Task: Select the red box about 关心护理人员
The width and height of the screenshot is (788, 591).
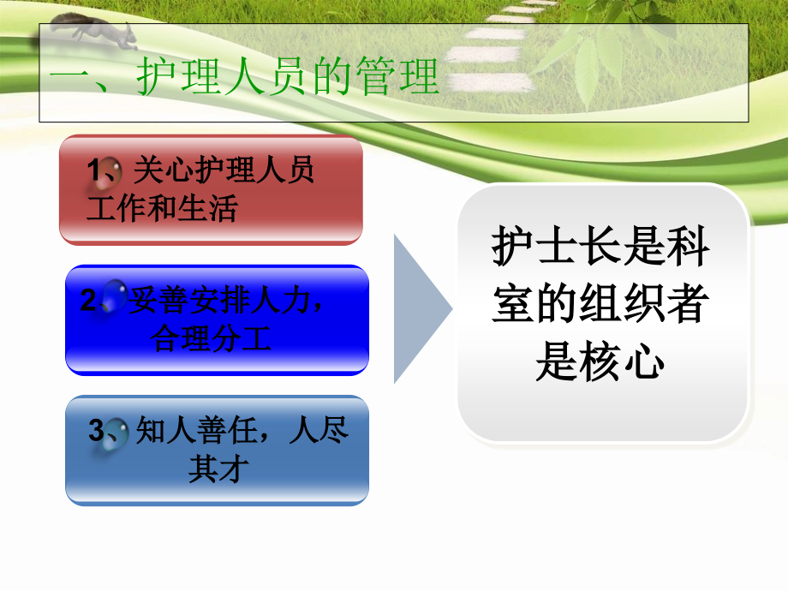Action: pos(211,190)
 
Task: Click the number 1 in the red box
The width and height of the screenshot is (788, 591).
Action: pos(96,171)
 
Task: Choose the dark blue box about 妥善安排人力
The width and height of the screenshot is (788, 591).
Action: pos(217,319)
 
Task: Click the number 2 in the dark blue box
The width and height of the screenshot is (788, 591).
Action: pos(88,301)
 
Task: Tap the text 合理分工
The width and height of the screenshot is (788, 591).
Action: pos(211,338)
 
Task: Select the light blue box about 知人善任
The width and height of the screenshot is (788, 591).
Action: pos(217,450)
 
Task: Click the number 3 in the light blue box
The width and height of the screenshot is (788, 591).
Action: pos(96,430)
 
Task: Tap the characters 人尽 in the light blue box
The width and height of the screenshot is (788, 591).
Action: pos(319,431)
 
